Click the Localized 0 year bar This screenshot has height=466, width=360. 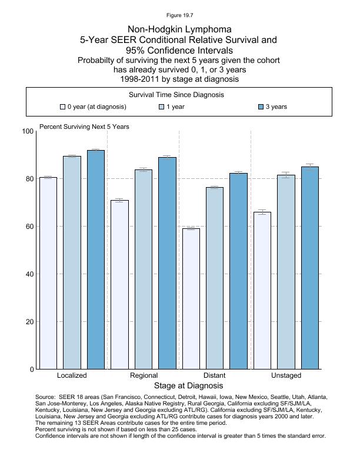(x=48, y=273)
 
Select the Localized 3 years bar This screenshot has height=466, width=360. (x=96, y=259)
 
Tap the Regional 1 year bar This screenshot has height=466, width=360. (x=144, y=269)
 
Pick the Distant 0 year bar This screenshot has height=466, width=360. (x=191, y=298)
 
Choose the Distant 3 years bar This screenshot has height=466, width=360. (x=238, y=271)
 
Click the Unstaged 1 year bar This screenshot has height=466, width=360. (x=286, y=272)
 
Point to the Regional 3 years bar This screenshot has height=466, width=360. (x=167, y=263)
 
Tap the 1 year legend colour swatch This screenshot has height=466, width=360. (x=162, y=107)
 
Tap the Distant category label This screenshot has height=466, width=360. (x=214, y=375)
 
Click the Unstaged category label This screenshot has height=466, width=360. (x=286, y=375)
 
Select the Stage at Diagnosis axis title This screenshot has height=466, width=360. (x=188, y=386)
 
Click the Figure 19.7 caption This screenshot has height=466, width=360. (x=179, y=15)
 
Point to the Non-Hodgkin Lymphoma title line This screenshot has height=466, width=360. (x=179, y=29)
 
